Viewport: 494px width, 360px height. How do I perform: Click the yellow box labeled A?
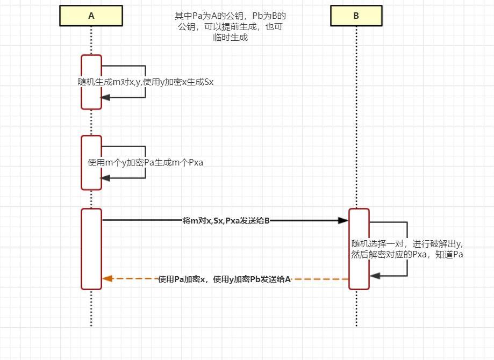(91, 16)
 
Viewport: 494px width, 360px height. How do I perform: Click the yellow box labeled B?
(356, 16)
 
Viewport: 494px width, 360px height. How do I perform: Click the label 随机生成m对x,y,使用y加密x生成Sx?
(145, 82)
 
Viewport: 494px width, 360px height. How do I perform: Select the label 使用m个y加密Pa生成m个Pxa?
(145, 162)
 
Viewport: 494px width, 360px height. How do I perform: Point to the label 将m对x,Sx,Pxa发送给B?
(226, 220)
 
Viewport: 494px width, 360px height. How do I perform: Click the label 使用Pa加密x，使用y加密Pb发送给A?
(225, 279)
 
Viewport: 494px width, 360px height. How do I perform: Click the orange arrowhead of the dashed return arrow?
(107, 279)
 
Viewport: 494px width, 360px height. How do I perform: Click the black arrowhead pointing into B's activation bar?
(343, 220)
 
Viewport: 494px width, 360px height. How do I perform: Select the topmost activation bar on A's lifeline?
(91, 82)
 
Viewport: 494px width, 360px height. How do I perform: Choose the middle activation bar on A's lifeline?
(91, 162)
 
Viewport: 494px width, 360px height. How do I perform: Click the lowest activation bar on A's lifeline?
(91, 249)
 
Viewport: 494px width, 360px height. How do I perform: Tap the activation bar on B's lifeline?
(359, 249)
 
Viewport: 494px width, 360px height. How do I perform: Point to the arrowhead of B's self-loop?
(375, 276)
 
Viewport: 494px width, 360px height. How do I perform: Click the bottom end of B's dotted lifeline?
(356, 325)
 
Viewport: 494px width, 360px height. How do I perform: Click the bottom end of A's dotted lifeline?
(91, 325)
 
